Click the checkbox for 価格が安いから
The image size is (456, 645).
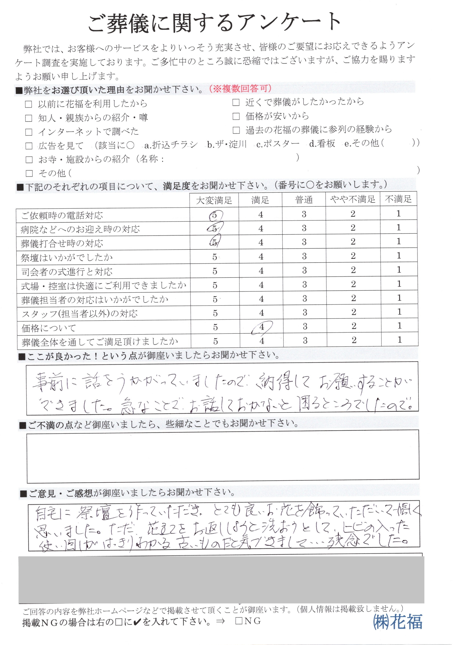click(x=236, y=116)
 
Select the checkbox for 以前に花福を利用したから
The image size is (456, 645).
click(x=29, y=104)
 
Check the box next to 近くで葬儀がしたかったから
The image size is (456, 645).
click(x=236, y=103)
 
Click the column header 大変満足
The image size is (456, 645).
click(x=214, y=200)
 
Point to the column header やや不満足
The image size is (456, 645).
click(x=353, y=200)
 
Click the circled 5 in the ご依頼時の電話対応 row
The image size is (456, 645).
click(x=215, y=215)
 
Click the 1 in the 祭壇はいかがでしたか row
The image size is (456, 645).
click(x=399, y=256)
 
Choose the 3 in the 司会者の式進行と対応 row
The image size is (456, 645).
click(x=304, y=271)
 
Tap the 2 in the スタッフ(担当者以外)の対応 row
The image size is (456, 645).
click(x=353, y=312)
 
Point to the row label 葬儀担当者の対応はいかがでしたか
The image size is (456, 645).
click(x=95, y=300)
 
